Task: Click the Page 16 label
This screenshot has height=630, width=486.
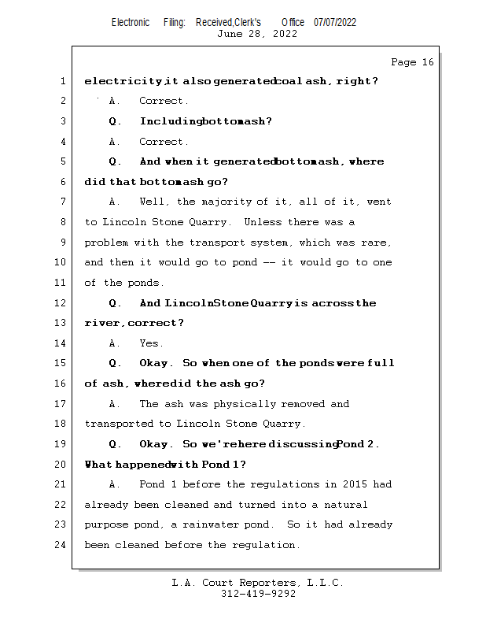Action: click(411, 62)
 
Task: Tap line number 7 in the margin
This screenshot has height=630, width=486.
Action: click(61, 202)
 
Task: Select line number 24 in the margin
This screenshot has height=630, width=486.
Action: click(61, 545)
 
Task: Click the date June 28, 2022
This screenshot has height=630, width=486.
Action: click(256, 34)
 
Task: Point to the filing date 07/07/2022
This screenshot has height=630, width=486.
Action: click(335, 22)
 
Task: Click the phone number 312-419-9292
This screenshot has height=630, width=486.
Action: click(257, 595)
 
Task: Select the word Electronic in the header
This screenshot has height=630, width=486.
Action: click(131, 22)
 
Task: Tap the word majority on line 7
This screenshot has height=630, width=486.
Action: click(229, 202)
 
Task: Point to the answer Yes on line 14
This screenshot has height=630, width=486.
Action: click(150, 343)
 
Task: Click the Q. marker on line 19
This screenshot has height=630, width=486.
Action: click(115, 444)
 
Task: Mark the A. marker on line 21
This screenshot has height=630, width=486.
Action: click(115, 484)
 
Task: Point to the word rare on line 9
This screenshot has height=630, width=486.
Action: click(374, 243)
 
